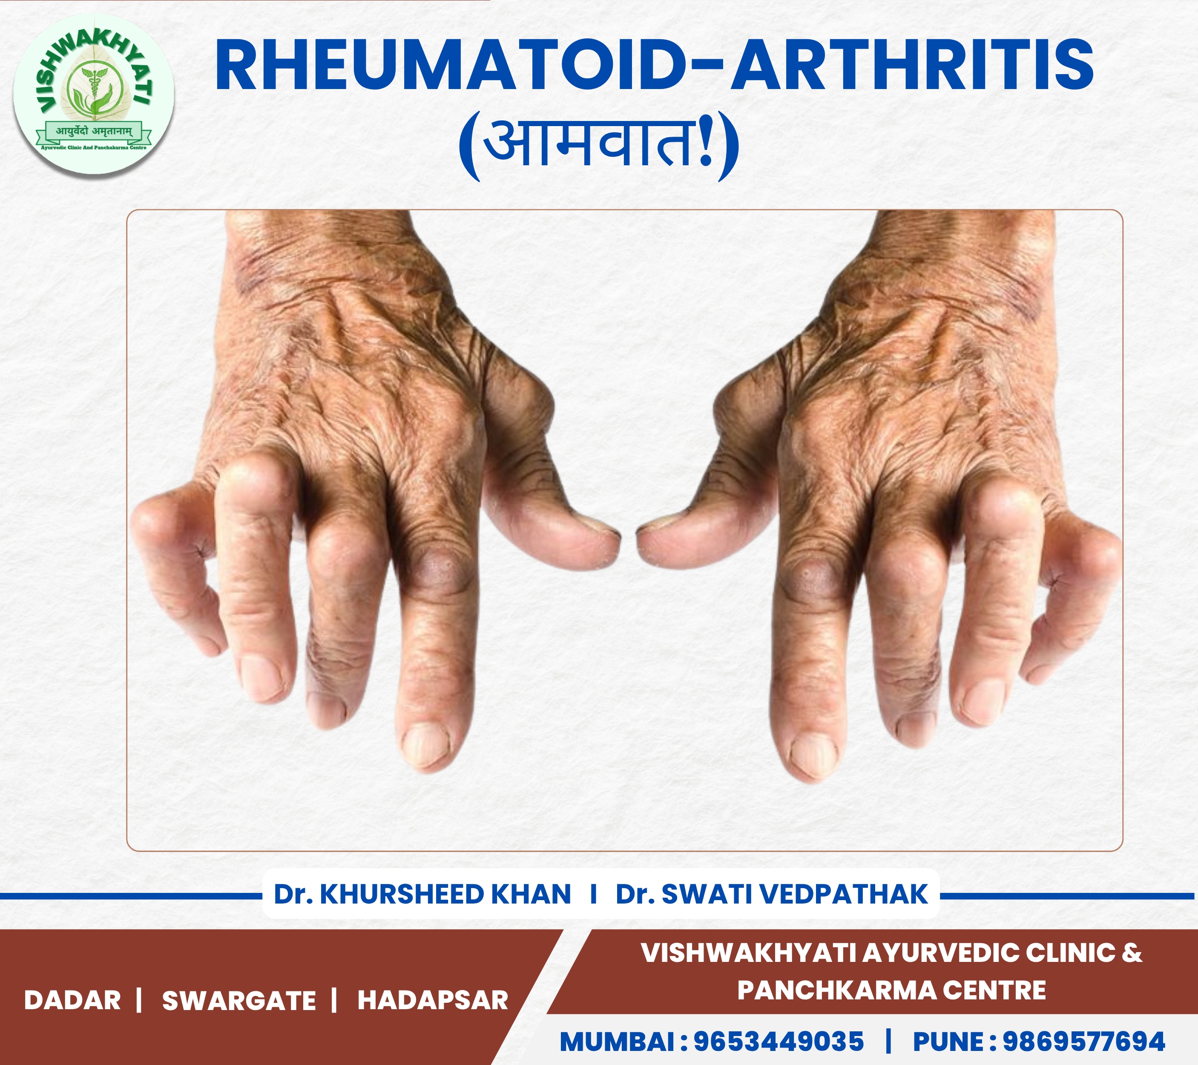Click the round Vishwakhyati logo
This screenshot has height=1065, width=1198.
click(x=94, y=94)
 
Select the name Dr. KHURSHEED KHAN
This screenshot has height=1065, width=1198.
click(x=422, y=894)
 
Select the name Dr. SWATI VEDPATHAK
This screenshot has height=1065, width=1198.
click(x=772, y=894)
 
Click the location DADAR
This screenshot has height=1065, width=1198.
click(x=72, y=1000)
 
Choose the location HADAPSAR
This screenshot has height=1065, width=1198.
click(x=433, y=1000)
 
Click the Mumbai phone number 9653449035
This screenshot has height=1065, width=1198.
click(x=779, y=1042)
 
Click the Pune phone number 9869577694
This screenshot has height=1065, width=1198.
click(x=1084, y=1042)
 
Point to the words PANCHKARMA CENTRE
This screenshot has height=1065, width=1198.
click(x=891, y=990)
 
